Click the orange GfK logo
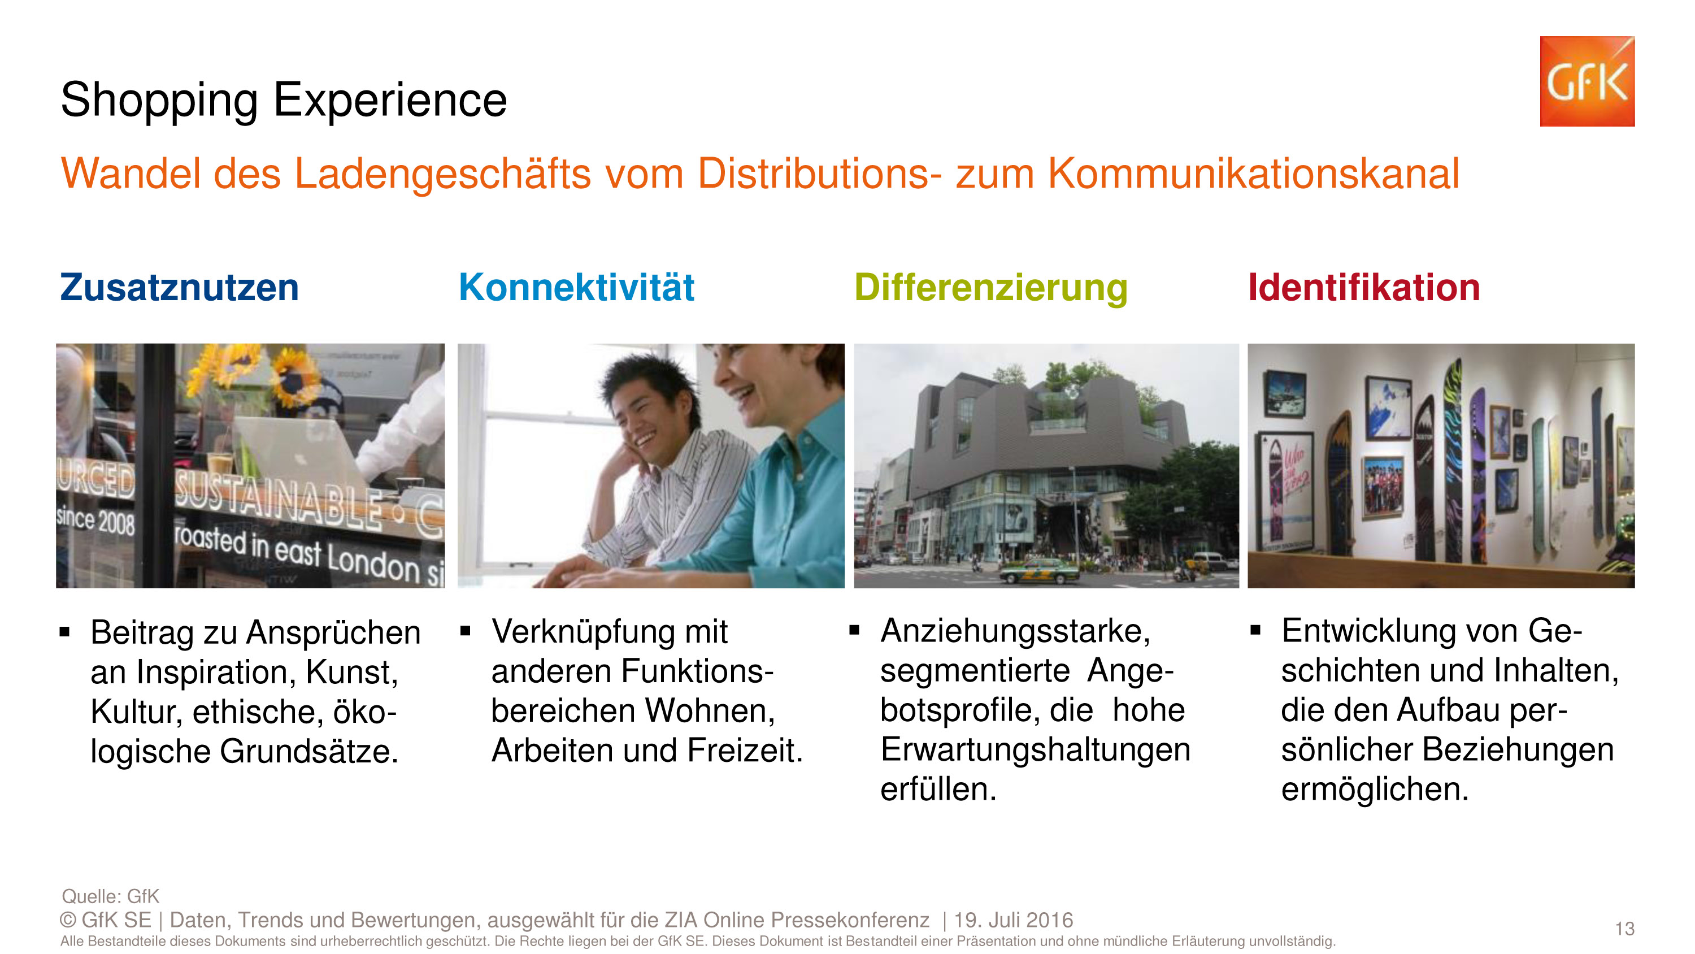1587,81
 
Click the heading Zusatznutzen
179,288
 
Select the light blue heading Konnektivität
576,288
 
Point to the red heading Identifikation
1364,288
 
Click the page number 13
1624,929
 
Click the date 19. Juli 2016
1013,920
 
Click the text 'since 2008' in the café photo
96,520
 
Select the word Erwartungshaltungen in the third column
1035,750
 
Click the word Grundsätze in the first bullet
309,751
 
